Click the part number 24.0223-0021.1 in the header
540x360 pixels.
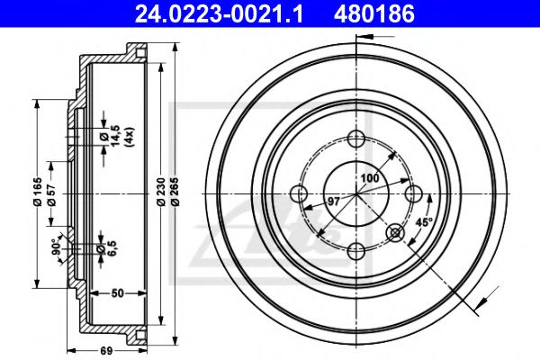coord(219,14)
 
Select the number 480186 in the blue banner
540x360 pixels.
coord(374,14)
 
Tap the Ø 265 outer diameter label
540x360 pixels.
coord(175,192)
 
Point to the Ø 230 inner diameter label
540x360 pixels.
coord(161,192)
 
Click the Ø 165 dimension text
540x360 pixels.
coord(37,192)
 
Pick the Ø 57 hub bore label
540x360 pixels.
coord(51,194)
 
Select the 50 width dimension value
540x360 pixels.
coord(117,293)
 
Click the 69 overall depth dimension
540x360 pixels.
coord(106,351)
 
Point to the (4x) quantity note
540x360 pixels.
coord(129,138)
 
